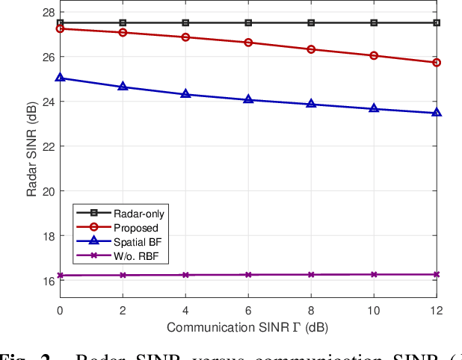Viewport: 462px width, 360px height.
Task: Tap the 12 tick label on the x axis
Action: coord(437,311)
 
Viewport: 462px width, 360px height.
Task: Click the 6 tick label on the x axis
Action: coord(248,311)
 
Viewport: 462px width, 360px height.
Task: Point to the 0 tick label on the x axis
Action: coord(60,311)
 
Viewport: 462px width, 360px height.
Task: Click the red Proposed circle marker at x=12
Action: coord(437,63)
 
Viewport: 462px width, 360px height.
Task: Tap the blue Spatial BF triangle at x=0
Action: coord(60,78)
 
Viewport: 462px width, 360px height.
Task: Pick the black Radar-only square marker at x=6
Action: coord(248,23)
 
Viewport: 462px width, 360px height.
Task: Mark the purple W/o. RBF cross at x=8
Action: coord(311,275)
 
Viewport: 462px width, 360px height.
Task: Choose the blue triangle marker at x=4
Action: coord(185,94)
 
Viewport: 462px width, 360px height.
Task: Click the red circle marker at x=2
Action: coord(123,32)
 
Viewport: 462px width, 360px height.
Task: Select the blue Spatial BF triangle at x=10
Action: coord(374,108)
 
